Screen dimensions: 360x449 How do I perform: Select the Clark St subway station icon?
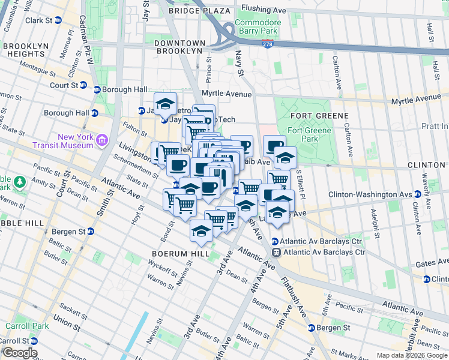(x=58, y=20)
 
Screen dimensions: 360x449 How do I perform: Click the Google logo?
(x=19, y=353)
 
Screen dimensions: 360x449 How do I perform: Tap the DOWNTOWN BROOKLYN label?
(x=179, y=47)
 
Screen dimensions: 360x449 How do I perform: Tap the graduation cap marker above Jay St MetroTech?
(x=166, y=103)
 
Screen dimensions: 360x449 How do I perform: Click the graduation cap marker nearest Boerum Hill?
(x=201, y=230)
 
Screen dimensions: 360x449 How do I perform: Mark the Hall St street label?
(x=430, y=29)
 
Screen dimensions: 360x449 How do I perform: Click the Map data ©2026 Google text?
(x=412, y=355)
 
